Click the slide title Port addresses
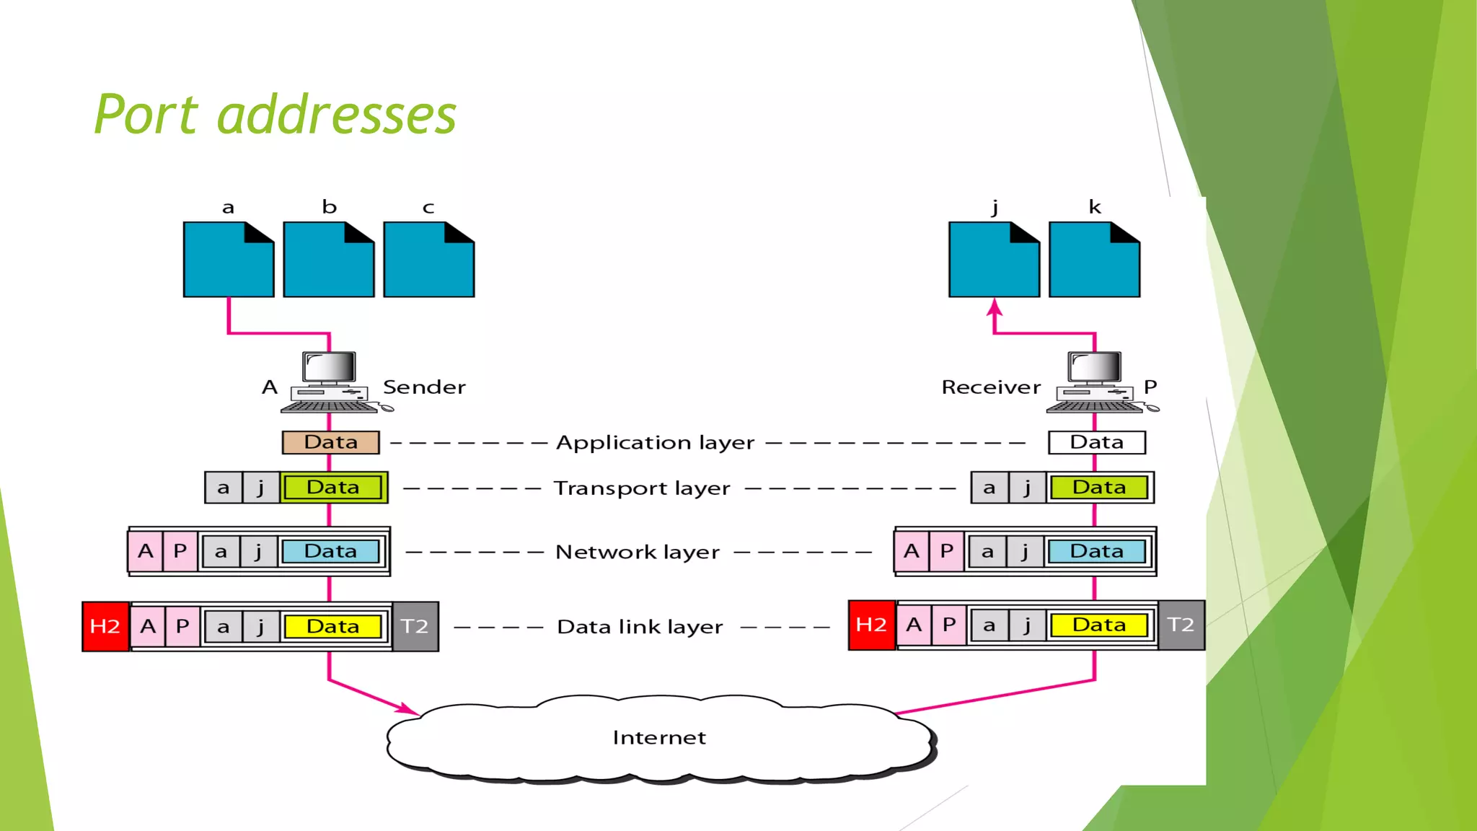click(275, 115)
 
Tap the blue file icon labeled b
click(329, 260)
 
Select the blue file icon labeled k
click(1094, 260)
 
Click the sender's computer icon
click(330, 382)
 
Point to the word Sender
click(424, 387)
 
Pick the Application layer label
click(655, 442)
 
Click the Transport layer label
click(642, 488)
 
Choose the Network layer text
click(638, 552)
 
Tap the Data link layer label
click(640, 627)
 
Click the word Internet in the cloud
click(659, 738)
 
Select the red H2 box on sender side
click(105, 626)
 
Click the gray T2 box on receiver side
click(1181, 625)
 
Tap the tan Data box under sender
click(330, 442)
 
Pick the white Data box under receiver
click(1096, 442)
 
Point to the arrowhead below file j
click(995, 308)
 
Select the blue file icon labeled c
click(429, 260)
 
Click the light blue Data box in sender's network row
click(330, 551)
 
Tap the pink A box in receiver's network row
click(912, 551)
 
